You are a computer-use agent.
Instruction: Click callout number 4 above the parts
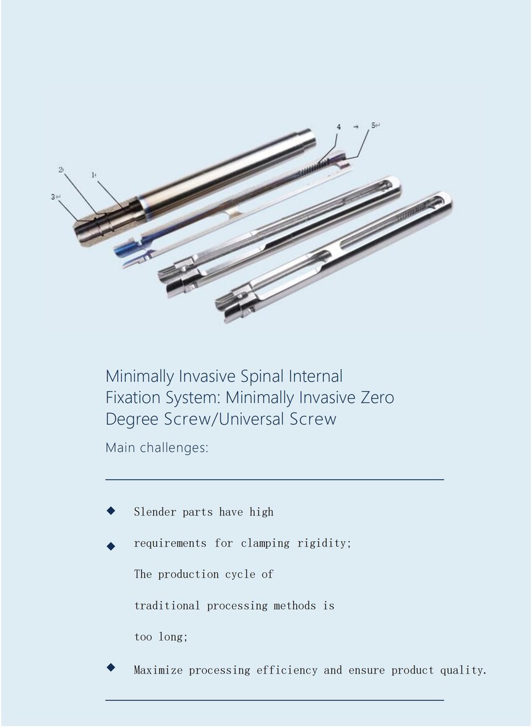click(338, 127)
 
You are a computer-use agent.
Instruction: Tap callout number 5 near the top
click(374, 125)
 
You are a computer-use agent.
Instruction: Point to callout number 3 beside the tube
click(53, 197)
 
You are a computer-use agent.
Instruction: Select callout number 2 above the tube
click(60, 170)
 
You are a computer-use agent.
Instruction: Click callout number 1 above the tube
click(93, 175)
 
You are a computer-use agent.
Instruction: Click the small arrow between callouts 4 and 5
click(356, 126)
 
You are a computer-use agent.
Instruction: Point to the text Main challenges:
click(157, 448)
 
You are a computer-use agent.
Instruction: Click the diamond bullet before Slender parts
click(111, 511)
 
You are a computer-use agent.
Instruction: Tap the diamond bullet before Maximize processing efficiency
click(111, 667)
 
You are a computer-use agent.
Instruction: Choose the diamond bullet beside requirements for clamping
click(111, 547)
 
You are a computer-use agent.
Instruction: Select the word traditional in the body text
click(167, 605)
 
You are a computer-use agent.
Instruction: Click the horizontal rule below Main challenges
click(275, 479)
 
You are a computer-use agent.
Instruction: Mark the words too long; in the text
click(161, 636)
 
